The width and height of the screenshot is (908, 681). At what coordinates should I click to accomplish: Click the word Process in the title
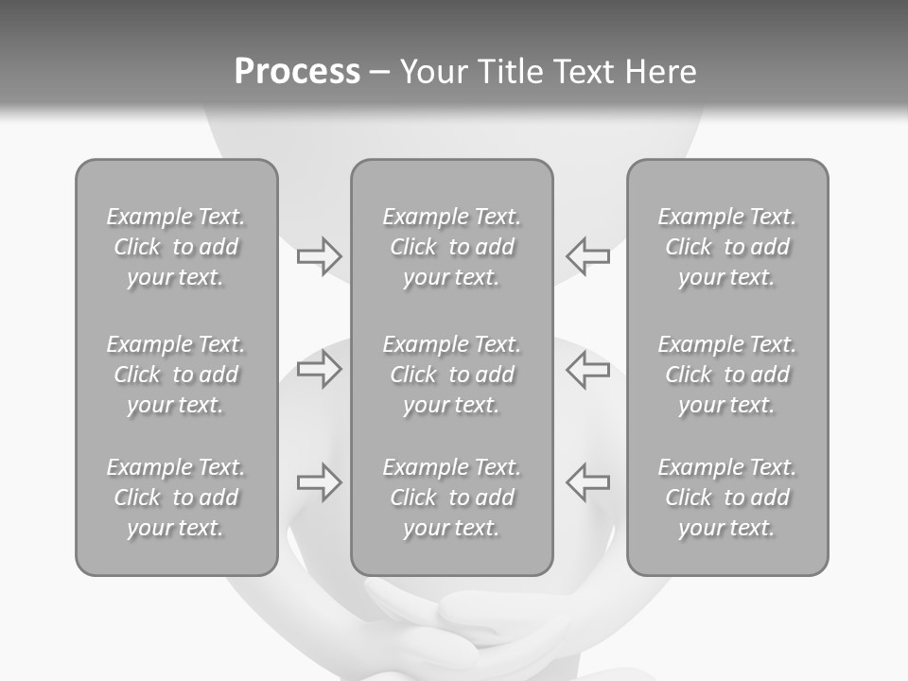coord(297,72)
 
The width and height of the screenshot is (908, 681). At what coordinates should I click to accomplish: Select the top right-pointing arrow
coord(319,255)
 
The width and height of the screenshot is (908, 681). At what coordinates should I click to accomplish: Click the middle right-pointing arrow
coord(319,370)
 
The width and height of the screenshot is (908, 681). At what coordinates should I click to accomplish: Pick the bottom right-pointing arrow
coord(319,482)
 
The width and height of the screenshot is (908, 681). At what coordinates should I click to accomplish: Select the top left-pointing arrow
coord(588,255)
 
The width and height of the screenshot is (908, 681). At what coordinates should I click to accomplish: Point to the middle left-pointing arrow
coord(588,370)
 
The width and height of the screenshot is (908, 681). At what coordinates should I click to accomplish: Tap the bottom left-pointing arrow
coord(588,482)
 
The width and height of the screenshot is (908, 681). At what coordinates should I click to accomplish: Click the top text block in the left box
coord(176,247)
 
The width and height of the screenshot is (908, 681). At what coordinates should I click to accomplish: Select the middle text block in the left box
coord(176,375)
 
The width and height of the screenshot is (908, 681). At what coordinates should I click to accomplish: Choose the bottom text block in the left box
coord(176,498)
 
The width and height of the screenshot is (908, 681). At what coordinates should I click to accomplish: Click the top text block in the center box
coord(452,247)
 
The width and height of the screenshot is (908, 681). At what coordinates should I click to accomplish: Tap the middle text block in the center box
coord(452,375)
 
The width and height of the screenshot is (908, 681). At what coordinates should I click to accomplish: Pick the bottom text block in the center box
coord(452,498)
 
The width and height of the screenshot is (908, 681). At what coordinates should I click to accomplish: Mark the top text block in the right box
coord(727,247)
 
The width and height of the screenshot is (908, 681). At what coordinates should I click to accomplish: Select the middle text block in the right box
coord(727,375)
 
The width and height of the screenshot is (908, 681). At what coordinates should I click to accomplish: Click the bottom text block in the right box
coord(727,498)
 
